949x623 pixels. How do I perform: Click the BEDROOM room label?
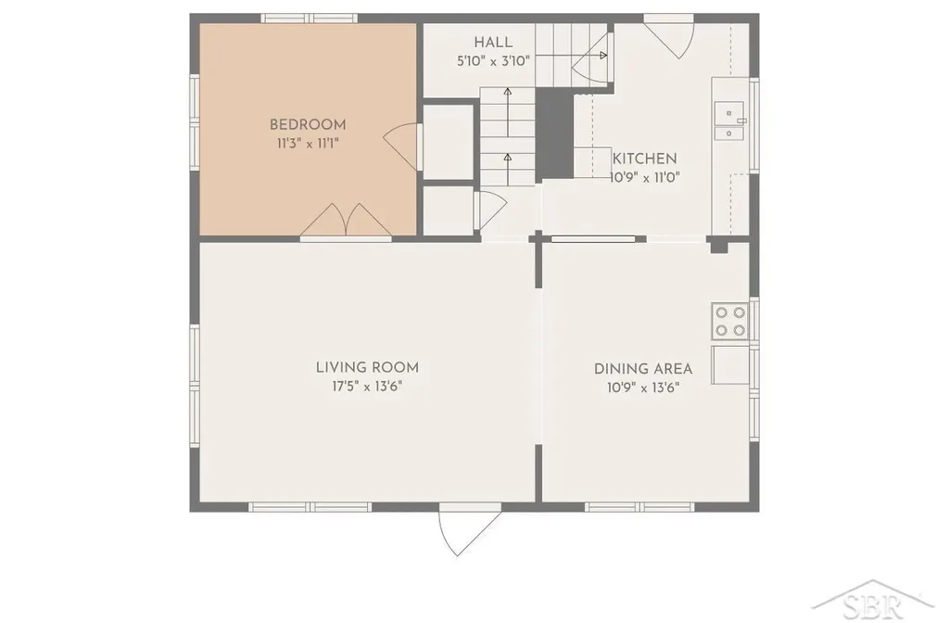coord(308,125)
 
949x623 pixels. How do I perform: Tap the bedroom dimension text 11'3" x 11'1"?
coord(308,144)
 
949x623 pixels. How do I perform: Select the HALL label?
coord(493,43)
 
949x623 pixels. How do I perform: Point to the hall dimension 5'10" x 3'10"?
coord(493,60)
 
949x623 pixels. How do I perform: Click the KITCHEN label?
coord(645,159)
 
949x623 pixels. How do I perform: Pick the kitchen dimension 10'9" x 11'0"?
coord(645,177)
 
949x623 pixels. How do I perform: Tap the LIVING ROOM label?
coord(367,367)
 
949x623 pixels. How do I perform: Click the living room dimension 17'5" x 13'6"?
coord(367,387)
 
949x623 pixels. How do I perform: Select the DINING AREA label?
coord(643,369)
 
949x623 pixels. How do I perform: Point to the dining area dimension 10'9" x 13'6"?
coord(643,388)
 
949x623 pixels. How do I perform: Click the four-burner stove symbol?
coord(730,321)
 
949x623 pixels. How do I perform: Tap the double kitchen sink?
coord(730,121)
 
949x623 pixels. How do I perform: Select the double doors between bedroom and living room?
coord(346,221)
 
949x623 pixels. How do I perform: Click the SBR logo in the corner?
coord(872,603)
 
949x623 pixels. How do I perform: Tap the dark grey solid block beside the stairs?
coord(554,133)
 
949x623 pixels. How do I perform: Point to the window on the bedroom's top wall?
coord(310,19)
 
